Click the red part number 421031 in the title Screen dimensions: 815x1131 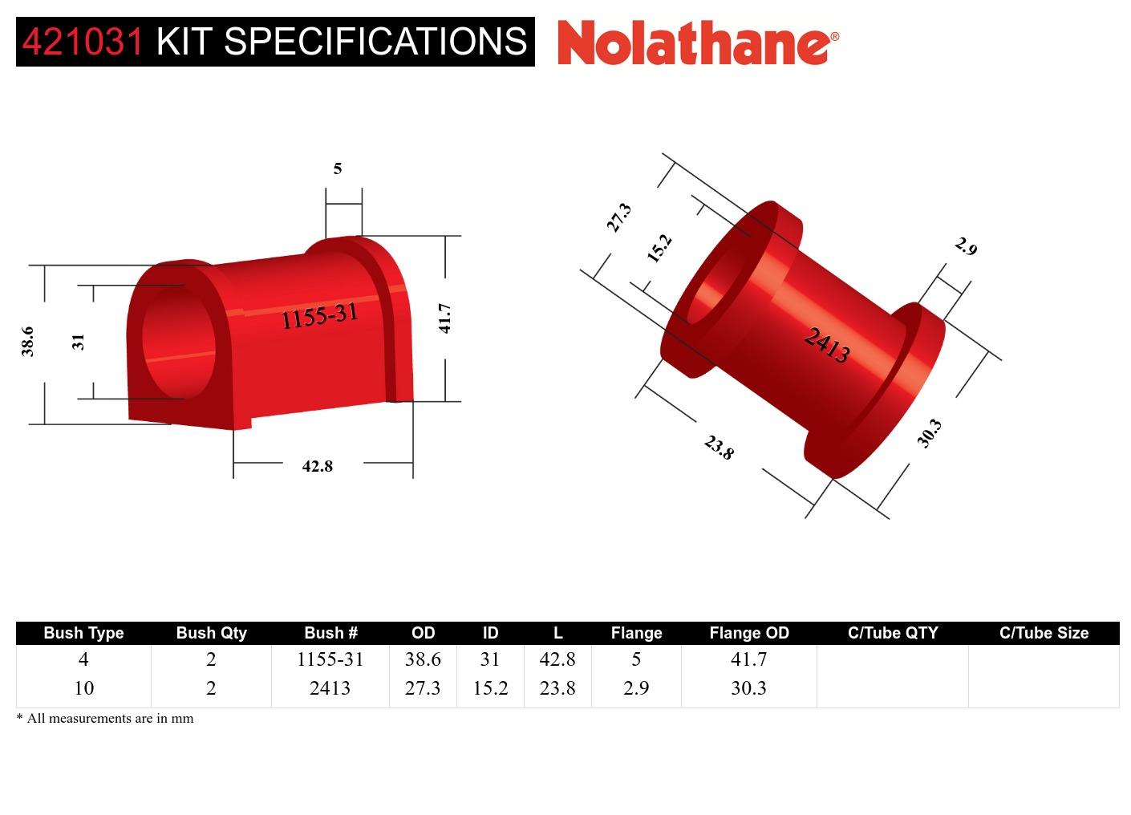83,41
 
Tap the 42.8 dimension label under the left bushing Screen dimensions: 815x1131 317,466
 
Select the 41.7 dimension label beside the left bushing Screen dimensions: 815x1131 445,318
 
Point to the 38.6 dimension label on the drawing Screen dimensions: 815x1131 27,341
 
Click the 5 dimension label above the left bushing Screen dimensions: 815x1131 338,168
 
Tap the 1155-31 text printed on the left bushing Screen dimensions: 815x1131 318,316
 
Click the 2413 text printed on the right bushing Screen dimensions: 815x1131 827,345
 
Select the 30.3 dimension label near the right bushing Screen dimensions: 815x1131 929,433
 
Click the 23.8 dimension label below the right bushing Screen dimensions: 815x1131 719,448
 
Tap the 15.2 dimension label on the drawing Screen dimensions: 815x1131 659,248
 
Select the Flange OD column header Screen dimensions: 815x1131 748,633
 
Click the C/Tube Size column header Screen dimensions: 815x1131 1044,633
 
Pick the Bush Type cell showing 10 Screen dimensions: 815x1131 83,688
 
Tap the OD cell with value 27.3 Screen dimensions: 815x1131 423,688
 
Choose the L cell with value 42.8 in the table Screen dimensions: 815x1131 557,659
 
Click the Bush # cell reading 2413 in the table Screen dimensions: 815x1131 330,688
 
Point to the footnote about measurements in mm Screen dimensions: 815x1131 105,718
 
